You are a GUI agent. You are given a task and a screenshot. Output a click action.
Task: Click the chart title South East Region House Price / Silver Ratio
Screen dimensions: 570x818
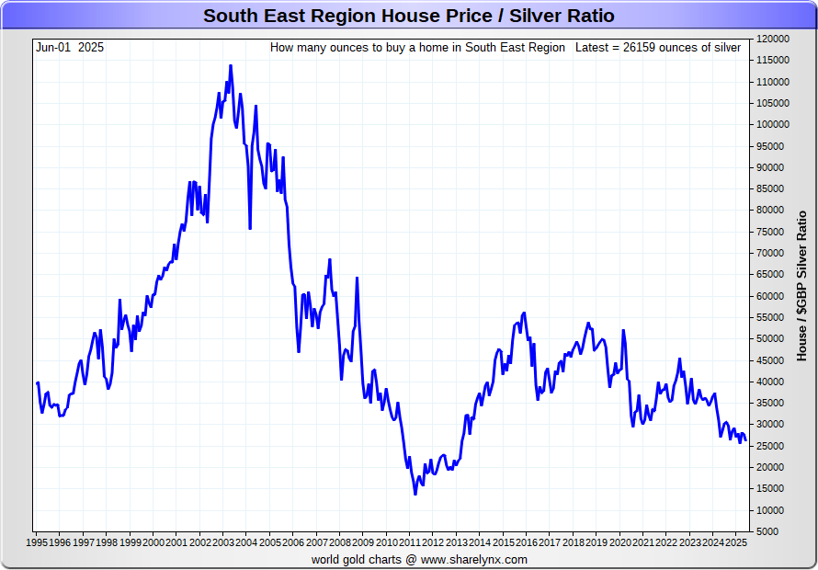[x=408, y=17]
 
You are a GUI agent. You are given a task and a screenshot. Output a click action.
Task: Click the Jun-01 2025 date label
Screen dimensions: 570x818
[x=70, y=47]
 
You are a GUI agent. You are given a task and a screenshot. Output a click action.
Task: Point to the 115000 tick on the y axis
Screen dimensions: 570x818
[x=773, y=60]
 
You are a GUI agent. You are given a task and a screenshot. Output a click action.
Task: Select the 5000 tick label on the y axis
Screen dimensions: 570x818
[x=767, y=531]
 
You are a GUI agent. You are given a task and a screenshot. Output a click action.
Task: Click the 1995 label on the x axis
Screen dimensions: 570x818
[x=37, y=542]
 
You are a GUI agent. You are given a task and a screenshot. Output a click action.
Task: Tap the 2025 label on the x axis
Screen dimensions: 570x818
[x=736, y=542]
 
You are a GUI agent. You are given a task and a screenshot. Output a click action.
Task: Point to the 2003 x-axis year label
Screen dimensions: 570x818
[x=223, y=542]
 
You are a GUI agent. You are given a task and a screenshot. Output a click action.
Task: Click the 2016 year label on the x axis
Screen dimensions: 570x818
[x=527, y=542]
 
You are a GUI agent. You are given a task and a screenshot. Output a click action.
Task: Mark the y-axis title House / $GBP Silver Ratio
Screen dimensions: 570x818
[x=801, y=285]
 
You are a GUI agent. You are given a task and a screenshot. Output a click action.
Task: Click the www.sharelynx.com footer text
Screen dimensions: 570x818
[x=474, y=559]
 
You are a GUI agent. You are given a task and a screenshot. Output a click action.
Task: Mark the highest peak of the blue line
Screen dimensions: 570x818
[x=231, y=65]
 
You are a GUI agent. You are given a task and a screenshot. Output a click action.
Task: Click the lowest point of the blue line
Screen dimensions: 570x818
[x=415, y=495]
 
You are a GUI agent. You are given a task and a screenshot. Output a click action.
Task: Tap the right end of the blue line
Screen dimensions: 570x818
[x=744, y=439]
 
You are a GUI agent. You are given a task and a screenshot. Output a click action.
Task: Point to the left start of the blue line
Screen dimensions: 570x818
[x=37, y=382]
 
